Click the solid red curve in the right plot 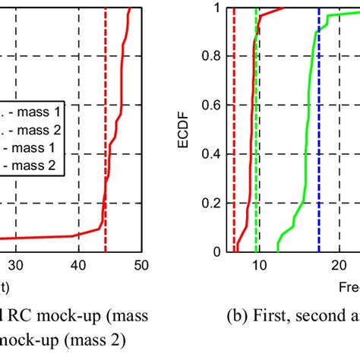[x=245, y=152]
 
